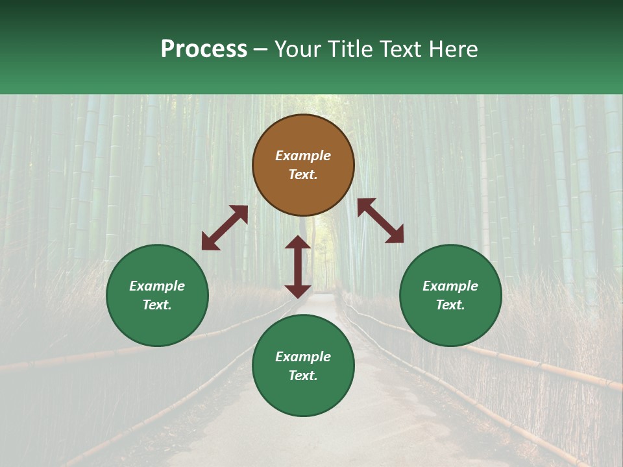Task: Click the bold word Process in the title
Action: click(x=204, y=49)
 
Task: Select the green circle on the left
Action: click(x=157, y=324)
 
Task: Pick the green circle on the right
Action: click(x=450, y=324)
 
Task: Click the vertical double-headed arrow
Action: click(x=298, y=267)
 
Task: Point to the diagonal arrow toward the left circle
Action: click(x=225, y=228)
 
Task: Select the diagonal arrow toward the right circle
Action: click(x=381, y=221)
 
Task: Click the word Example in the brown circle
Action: click(x=303, y=156)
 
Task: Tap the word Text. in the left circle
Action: click(x=157, y=305)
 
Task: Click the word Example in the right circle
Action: click(x=450, y=286)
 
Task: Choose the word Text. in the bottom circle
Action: click(x=303, y=376)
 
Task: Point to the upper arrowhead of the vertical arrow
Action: click(x=298, y=242)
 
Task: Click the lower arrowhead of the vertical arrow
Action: click(x=298, y=291)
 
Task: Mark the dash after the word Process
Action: click(x=261, y=50)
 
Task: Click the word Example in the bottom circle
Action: click(x=303, y=357)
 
